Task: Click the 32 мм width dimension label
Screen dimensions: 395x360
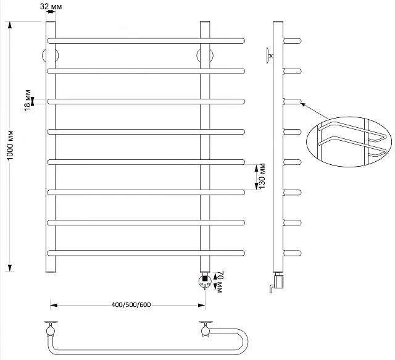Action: tap(51, 6)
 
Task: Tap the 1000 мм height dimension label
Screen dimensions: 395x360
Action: tap(10, 145)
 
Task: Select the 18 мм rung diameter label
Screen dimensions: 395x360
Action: tap(27, 100)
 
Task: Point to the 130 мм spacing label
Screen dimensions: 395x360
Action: tap(262, 176)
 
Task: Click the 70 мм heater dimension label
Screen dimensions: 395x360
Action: tap(219, 282)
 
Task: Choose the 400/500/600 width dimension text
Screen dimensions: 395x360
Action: tap(131, 305)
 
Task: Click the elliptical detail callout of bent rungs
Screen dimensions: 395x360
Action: tap(349, 141)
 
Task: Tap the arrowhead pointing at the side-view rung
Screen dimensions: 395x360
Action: tap(303, 104)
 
